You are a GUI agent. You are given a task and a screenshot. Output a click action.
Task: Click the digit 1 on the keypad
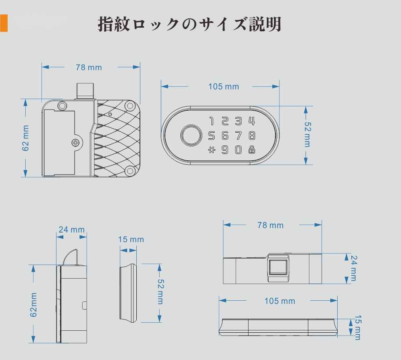(x=211, y=121)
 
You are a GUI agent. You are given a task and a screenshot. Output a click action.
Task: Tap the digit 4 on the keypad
(x=251, y=121)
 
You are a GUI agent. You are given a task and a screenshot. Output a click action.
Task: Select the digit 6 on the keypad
(x=225, y=136)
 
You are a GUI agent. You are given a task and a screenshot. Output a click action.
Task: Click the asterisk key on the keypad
(x=211, y=150)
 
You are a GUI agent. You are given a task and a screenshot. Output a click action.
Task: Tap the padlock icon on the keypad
(x=251, y=150)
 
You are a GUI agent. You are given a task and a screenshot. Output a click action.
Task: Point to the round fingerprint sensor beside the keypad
(x=190, y=136)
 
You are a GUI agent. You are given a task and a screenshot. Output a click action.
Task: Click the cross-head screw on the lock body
(x=76, y=142)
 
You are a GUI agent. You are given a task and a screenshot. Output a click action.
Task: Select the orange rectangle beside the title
(x=4, y=23)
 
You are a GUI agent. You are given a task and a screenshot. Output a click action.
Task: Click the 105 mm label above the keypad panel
(x=223, y=87)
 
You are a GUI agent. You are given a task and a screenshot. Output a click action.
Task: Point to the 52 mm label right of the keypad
(x=307, y=134)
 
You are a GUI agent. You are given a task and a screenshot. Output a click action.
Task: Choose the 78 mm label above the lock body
(x=89, y=67)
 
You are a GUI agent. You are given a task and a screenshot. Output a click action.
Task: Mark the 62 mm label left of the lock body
(x=26, y=138)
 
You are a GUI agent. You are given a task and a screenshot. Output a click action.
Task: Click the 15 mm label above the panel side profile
(x=131, y=240)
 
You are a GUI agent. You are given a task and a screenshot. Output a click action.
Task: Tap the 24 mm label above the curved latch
(x=72, y=230)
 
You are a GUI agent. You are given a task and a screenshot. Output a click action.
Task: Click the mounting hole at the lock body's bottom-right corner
(x=130, y=171)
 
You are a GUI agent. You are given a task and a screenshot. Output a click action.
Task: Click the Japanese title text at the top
(x=189, y=24)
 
